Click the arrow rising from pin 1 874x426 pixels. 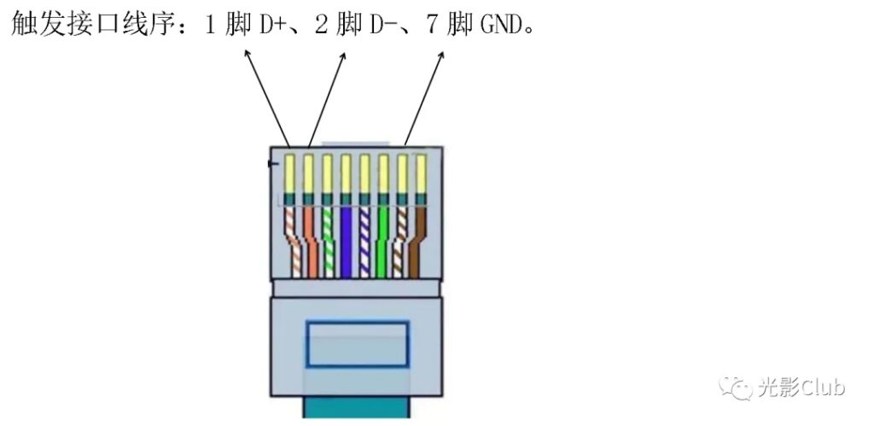click(x=267, y=98)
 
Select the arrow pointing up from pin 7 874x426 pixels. click(x=424, y=99)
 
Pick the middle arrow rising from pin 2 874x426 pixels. click(x=327, y=100)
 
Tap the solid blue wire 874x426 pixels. click(x=347, y=241)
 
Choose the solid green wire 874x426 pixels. click(x=383, y=241)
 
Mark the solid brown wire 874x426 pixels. click(x=417, y=241)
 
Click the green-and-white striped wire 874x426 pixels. click(x=328, y=241)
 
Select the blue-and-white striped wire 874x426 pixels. click(x=364, y=241)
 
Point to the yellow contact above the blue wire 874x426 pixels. click(x=346, y=173)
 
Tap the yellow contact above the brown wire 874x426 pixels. click(x=421, y=173)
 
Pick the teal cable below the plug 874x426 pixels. click(x=356, y=407)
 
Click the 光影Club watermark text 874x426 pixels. click(x=801, y=388)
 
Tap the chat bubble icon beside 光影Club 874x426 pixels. click(x=736, y=388)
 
